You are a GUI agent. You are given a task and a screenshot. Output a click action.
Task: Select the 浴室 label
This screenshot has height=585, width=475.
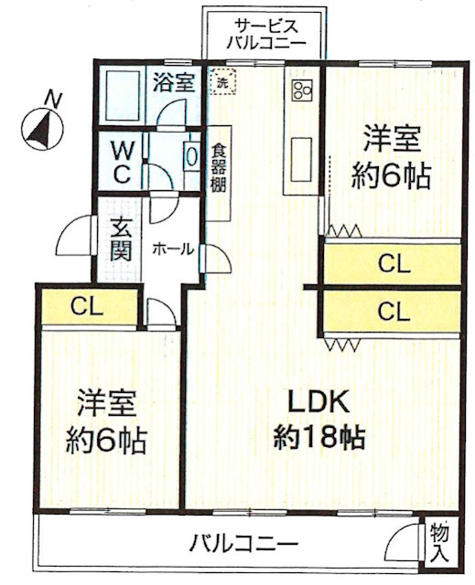click(x=174, y=82)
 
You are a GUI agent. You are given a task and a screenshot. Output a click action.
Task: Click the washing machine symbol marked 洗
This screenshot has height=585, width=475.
click(x=221, y=80)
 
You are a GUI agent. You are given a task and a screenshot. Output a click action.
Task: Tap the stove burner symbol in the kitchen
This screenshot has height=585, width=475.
click(x=301, y=89)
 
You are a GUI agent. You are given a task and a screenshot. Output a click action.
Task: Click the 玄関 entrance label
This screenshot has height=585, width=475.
click(x=120, y=240)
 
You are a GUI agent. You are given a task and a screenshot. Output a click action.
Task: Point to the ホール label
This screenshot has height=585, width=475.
click(x=172, y=248)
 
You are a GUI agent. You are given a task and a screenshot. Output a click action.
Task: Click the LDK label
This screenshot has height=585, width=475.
click(x=320, y=401)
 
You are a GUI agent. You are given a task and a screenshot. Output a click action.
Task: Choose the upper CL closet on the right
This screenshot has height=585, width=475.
click(x=394, y=264)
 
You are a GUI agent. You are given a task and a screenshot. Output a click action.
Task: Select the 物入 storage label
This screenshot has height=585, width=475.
click(x=438, y=542)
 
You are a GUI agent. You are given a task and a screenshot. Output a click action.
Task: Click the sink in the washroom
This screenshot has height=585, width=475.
click(x=190, y=154)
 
